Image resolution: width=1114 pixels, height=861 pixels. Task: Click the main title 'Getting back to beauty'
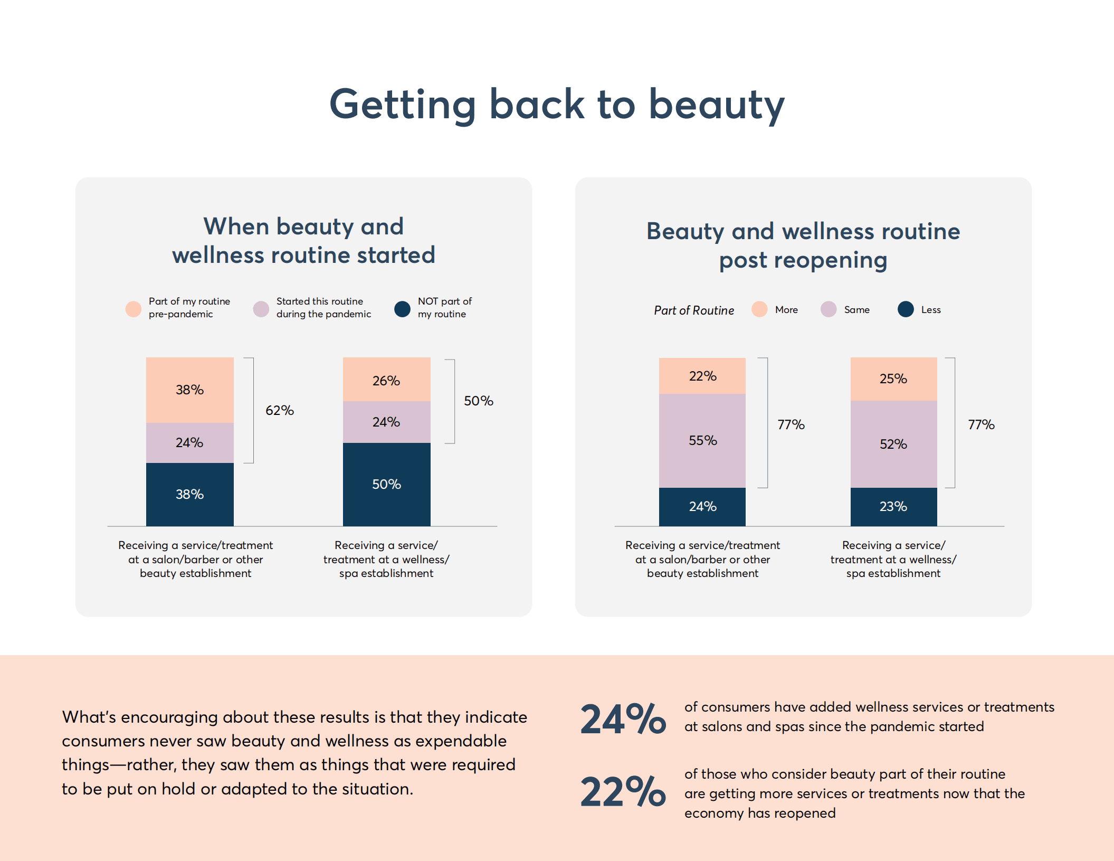(x=557, y=105)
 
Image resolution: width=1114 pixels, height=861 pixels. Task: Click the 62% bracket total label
(x=279, y=410)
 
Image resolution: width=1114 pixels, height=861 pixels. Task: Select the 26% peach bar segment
(x=386, y=380)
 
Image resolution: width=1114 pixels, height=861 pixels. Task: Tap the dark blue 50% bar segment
(x=386, y=484)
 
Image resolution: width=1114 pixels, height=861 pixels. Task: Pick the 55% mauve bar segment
(x=702, y=440)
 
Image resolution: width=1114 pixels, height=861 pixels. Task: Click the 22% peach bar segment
(x=702, y=376)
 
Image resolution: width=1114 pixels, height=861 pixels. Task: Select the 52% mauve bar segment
(x=893, y=444)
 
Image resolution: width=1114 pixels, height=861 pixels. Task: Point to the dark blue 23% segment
(x=893, y=506)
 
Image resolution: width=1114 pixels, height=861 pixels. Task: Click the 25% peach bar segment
(x=893, y=379)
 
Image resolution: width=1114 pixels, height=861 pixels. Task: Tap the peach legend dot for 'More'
(x=759, y=309)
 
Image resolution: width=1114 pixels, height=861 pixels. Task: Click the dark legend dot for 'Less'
(x=906, y=309)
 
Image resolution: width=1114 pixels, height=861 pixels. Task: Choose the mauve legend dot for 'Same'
(x=829, y=309)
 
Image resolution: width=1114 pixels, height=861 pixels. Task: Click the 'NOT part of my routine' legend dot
(x=402, y=309)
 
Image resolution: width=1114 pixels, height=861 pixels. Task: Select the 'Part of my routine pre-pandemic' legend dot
(x=134, y=309)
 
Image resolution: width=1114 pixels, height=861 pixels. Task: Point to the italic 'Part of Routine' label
(x=694, y=310)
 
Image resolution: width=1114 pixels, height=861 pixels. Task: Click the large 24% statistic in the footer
(x=623, y=719)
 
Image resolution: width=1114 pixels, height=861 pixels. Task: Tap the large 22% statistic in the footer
(x=623, y=792)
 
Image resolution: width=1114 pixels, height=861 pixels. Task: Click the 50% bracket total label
(x=478, y=401)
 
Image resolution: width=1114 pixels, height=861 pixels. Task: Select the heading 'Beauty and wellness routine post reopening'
(x=803, y=245)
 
